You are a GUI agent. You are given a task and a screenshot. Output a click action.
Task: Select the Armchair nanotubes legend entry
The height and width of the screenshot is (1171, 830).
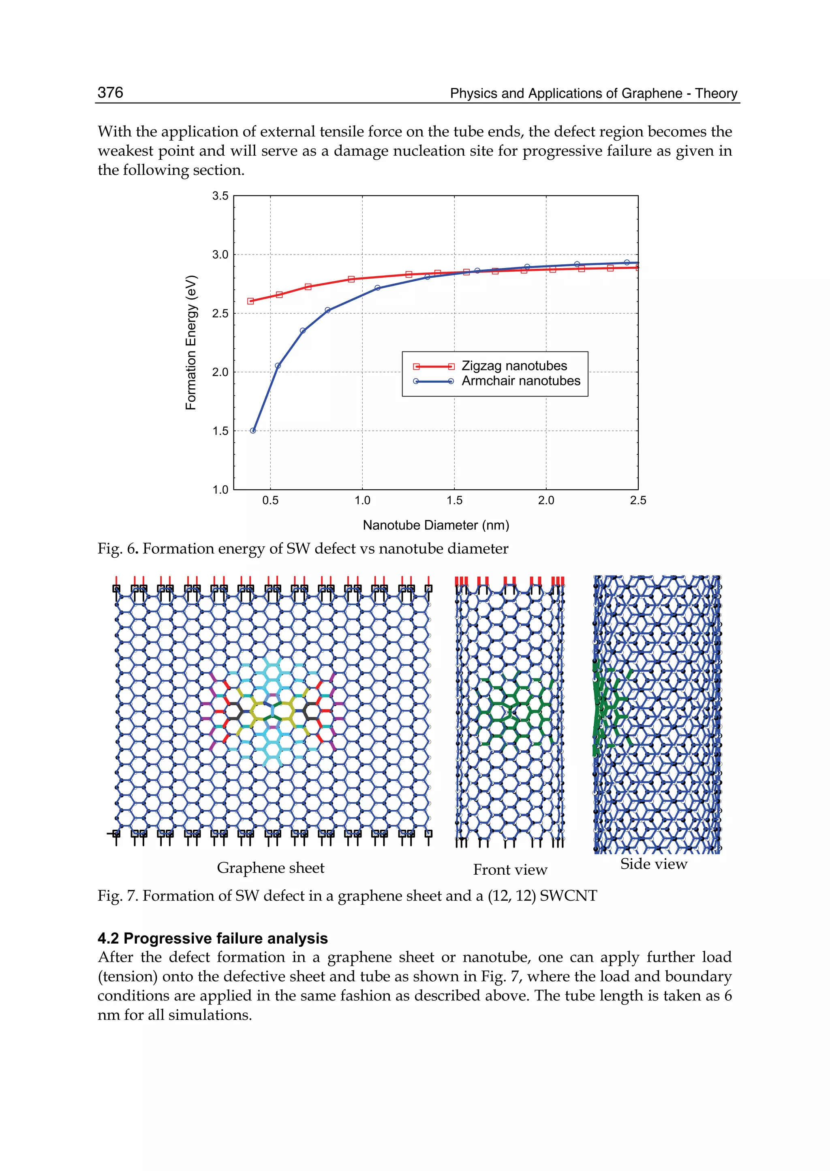click(520, 381)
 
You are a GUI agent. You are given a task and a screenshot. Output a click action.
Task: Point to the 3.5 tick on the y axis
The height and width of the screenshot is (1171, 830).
click(220, 196)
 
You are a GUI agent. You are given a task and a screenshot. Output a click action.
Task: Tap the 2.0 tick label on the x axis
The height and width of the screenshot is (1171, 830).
click(546, 501)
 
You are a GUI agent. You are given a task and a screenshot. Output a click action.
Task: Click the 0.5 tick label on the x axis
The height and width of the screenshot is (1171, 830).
click(270, 501)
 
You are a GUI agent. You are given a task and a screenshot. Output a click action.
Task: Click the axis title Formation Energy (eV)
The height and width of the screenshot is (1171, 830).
click(190, 343)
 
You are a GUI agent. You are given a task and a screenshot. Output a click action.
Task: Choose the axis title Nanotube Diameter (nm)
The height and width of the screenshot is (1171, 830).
click(435, 525)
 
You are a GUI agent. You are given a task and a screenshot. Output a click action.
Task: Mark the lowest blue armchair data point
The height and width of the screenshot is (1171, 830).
click(252, 430)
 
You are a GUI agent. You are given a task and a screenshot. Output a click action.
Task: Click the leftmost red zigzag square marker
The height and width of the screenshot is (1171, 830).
click(250, 301)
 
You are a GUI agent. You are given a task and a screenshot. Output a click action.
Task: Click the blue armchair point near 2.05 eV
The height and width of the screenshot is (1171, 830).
click(278, 366)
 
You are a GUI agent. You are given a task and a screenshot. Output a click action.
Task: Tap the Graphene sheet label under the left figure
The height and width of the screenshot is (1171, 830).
click(270, 868)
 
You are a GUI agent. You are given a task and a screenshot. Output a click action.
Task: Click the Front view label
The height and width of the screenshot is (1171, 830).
click(509, 870)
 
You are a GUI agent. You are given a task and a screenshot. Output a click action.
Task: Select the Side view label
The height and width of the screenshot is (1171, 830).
click(653, 864)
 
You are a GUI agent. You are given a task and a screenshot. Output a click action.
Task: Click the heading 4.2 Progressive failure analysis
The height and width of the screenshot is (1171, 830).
click(213, 938)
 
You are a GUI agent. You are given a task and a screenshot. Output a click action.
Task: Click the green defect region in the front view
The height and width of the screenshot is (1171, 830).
click(511, 711)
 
